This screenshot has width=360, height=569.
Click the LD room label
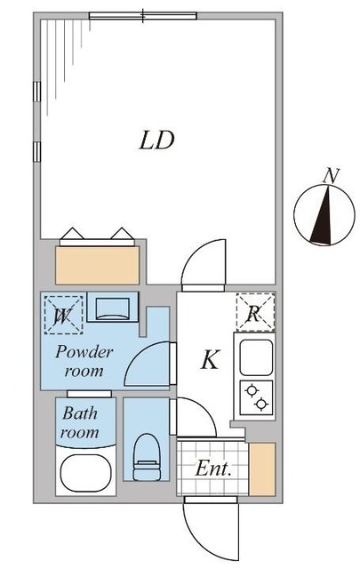156,140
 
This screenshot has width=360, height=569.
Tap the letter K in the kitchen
211,359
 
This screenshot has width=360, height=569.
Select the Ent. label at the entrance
213,469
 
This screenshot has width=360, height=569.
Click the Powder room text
84,362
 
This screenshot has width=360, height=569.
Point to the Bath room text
80,422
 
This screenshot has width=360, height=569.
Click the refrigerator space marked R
255,312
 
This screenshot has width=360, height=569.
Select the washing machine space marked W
63,315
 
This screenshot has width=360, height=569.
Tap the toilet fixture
147,457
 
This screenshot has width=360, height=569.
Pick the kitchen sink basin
256,357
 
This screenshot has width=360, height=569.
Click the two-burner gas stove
256,397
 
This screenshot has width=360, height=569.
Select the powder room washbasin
113,308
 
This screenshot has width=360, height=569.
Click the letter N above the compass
332,176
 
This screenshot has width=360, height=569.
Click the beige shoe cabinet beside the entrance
262,469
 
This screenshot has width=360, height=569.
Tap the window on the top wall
142,16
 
